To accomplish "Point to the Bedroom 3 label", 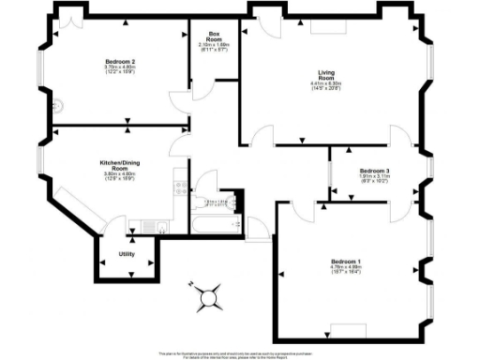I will [375, 171].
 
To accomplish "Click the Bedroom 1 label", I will [346, 261].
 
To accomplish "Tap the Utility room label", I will [125, 254].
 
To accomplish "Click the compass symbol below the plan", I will [207, 298].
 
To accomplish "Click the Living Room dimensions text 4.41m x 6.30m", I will [327, 86].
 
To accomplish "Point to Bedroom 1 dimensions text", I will [346, 270].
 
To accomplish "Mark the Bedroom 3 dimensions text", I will [375, 179].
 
